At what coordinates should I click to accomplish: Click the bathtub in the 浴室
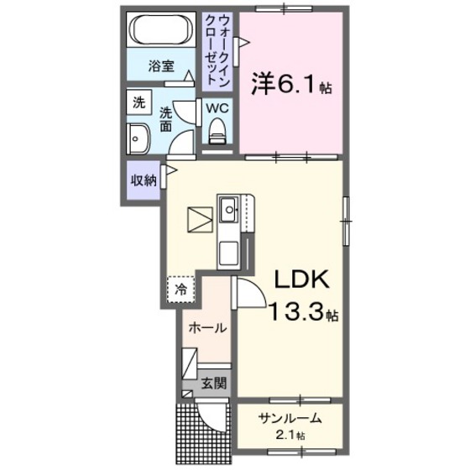click(163, 32)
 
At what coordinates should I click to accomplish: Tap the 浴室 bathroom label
click(163, 65)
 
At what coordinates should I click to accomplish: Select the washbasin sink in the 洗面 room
click(138, 137)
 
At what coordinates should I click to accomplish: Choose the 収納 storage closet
click(143, 180)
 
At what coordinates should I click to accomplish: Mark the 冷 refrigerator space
click(180, 290)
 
